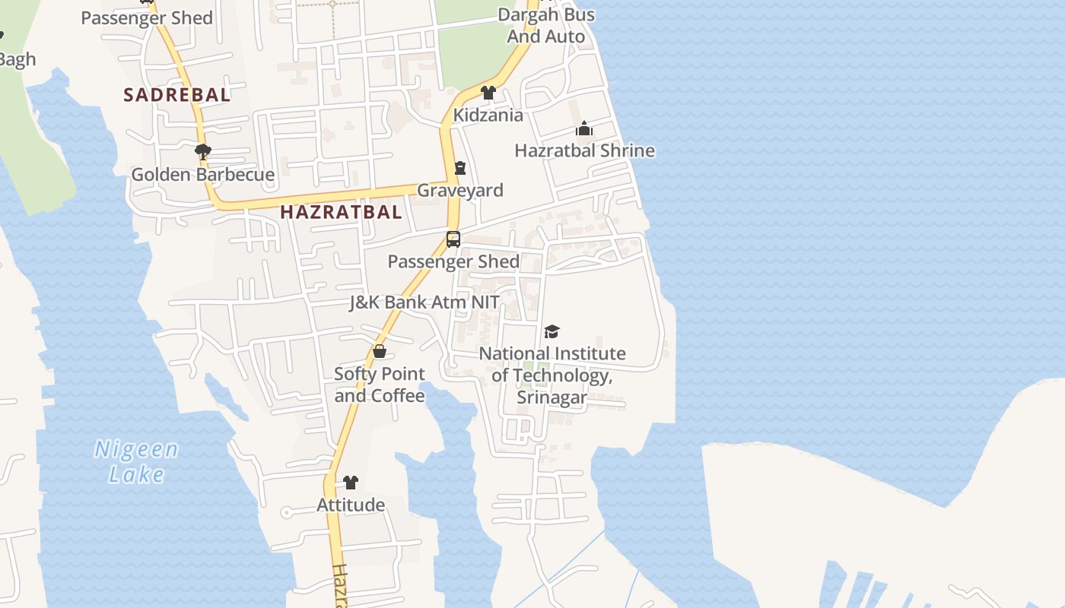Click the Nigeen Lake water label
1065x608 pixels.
[137, 461]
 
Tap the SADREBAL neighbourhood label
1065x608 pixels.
[177, 95]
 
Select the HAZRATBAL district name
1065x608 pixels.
[341, 212]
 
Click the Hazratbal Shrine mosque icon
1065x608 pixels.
[584, 128]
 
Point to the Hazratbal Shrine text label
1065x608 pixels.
[584, 150]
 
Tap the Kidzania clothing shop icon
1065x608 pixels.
[488, 93]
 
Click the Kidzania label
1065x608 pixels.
[488, 116]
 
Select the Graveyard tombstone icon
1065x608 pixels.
[459, 168]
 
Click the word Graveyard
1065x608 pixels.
[460, 190]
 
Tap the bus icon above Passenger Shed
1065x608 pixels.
[453, 239]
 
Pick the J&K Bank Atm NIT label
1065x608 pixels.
[424, 302]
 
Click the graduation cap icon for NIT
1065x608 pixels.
[552, 331]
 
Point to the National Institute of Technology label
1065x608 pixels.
[552, 375]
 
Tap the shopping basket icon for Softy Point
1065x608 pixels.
[380, 351]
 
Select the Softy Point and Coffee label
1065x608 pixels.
[380, 385]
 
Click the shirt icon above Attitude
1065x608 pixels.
[351, 482]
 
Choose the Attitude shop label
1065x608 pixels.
[351, 505]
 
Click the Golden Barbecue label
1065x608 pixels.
[203, 175]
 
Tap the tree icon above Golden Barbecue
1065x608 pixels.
[203, 152]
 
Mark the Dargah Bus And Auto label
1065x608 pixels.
[546, 25]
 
